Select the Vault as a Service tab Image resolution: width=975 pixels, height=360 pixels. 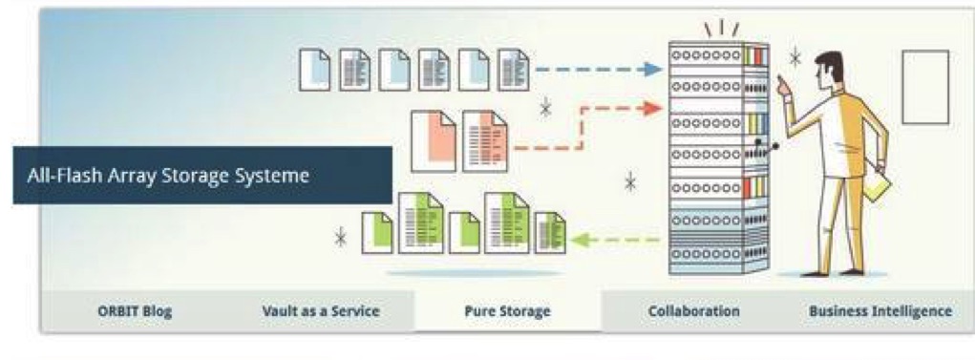320,311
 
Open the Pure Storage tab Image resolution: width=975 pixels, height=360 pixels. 507,311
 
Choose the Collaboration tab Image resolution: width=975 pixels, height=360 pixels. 693,311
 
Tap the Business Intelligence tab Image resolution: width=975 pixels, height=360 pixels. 880,311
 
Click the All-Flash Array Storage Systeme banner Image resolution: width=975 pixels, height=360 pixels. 202,176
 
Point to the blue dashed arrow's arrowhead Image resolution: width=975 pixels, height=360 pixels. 653,70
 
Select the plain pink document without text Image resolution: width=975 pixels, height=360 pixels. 432,140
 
